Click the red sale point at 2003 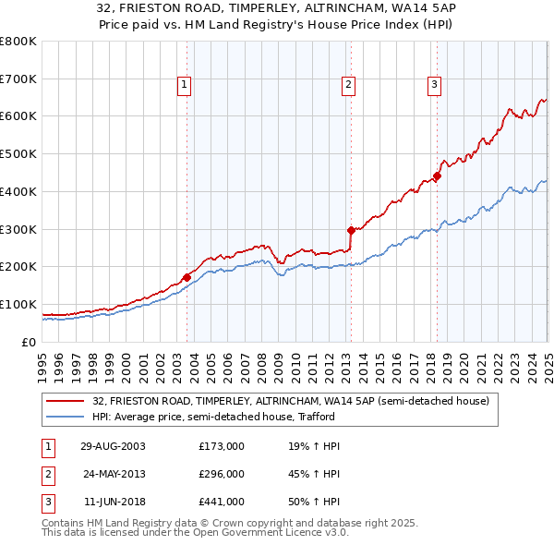click(x=187, y=276)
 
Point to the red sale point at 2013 click(x=351, y=230)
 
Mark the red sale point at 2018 click(x=438, y=176)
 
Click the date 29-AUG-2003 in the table click(x=113, y=446)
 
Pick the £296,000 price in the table click(x=222, y=474)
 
